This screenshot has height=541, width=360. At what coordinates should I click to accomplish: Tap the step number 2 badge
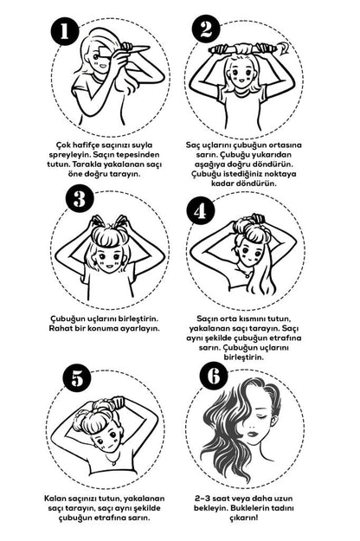(x=206, y=29)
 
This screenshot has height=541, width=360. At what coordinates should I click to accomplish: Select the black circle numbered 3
(x=80, y=199)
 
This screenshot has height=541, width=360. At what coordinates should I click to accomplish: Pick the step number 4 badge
(x=200, y=211)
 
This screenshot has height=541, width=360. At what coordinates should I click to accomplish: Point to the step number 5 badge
(x=78, y=379)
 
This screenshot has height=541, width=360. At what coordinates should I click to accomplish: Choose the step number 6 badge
(x=214, y=376)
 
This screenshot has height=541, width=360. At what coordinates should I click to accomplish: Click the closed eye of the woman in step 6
(x=261, y=417)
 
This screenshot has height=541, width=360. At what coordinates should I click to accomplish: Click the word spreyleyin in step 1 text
(x=67, y=155)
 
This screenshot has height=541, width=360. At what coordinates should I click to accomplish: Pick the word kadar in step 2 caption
(x=222, y=184)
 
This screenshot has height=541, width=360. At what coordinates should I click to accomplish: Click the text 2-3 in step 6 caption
(x=202, y=499)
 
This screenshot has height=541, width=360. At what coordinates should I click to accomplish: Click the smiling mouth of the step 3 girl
(x=109, y=267)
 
